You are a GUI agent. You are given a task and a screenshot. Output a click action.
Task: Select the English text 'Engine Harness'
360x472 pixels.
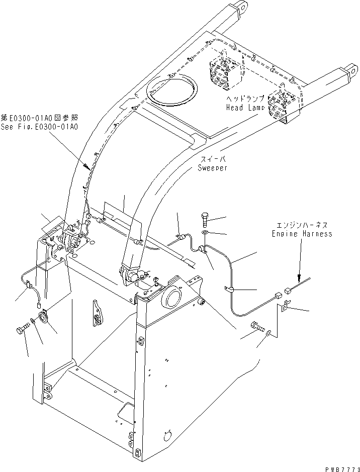[x=302, y=234]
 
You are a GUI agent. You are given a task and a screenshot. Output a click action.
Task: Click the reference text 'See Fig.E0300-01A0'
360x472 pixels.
[x=39, y=127]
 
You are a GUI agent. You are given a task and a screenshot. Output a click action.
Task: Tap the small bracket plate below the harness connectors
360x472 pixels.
[x=284, y=306]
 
